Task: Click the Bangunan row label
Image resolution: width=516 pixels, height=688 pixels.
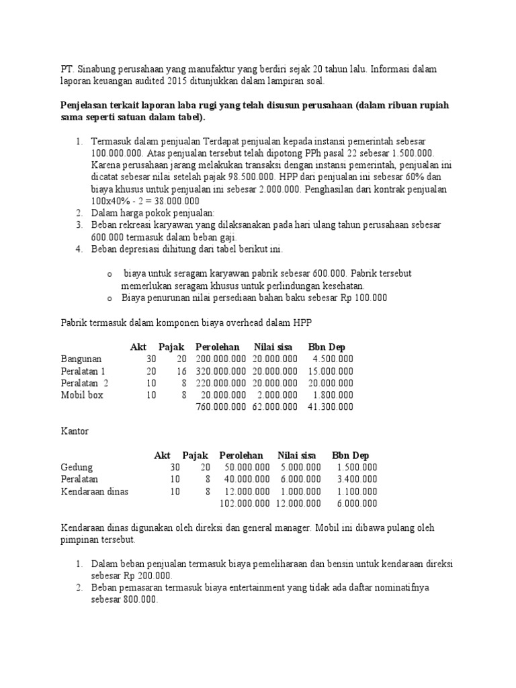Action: tap(81, 359)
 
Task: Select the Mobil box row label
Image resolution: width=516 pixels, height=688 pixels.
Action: tap(82, 395)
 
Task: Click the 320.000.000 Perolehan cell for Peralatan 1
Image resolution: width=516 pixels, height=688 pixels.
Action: tap(221, 371)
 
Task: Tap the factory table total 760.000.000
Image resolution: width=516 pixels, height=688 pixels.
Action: tap(221, 407)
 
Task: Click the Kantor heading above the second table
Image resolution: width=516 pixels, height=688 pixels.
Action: tap(75, 431)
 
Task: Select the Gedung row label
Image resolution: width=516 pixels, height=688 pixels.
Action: tap(77, 468)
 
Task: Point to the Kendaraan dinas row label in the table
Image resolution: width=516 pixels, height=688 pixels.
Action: tap(94, 492)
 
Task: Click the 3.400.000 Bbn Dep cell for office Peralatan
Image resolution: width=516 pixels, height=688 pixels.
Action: tap(357, 480)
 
